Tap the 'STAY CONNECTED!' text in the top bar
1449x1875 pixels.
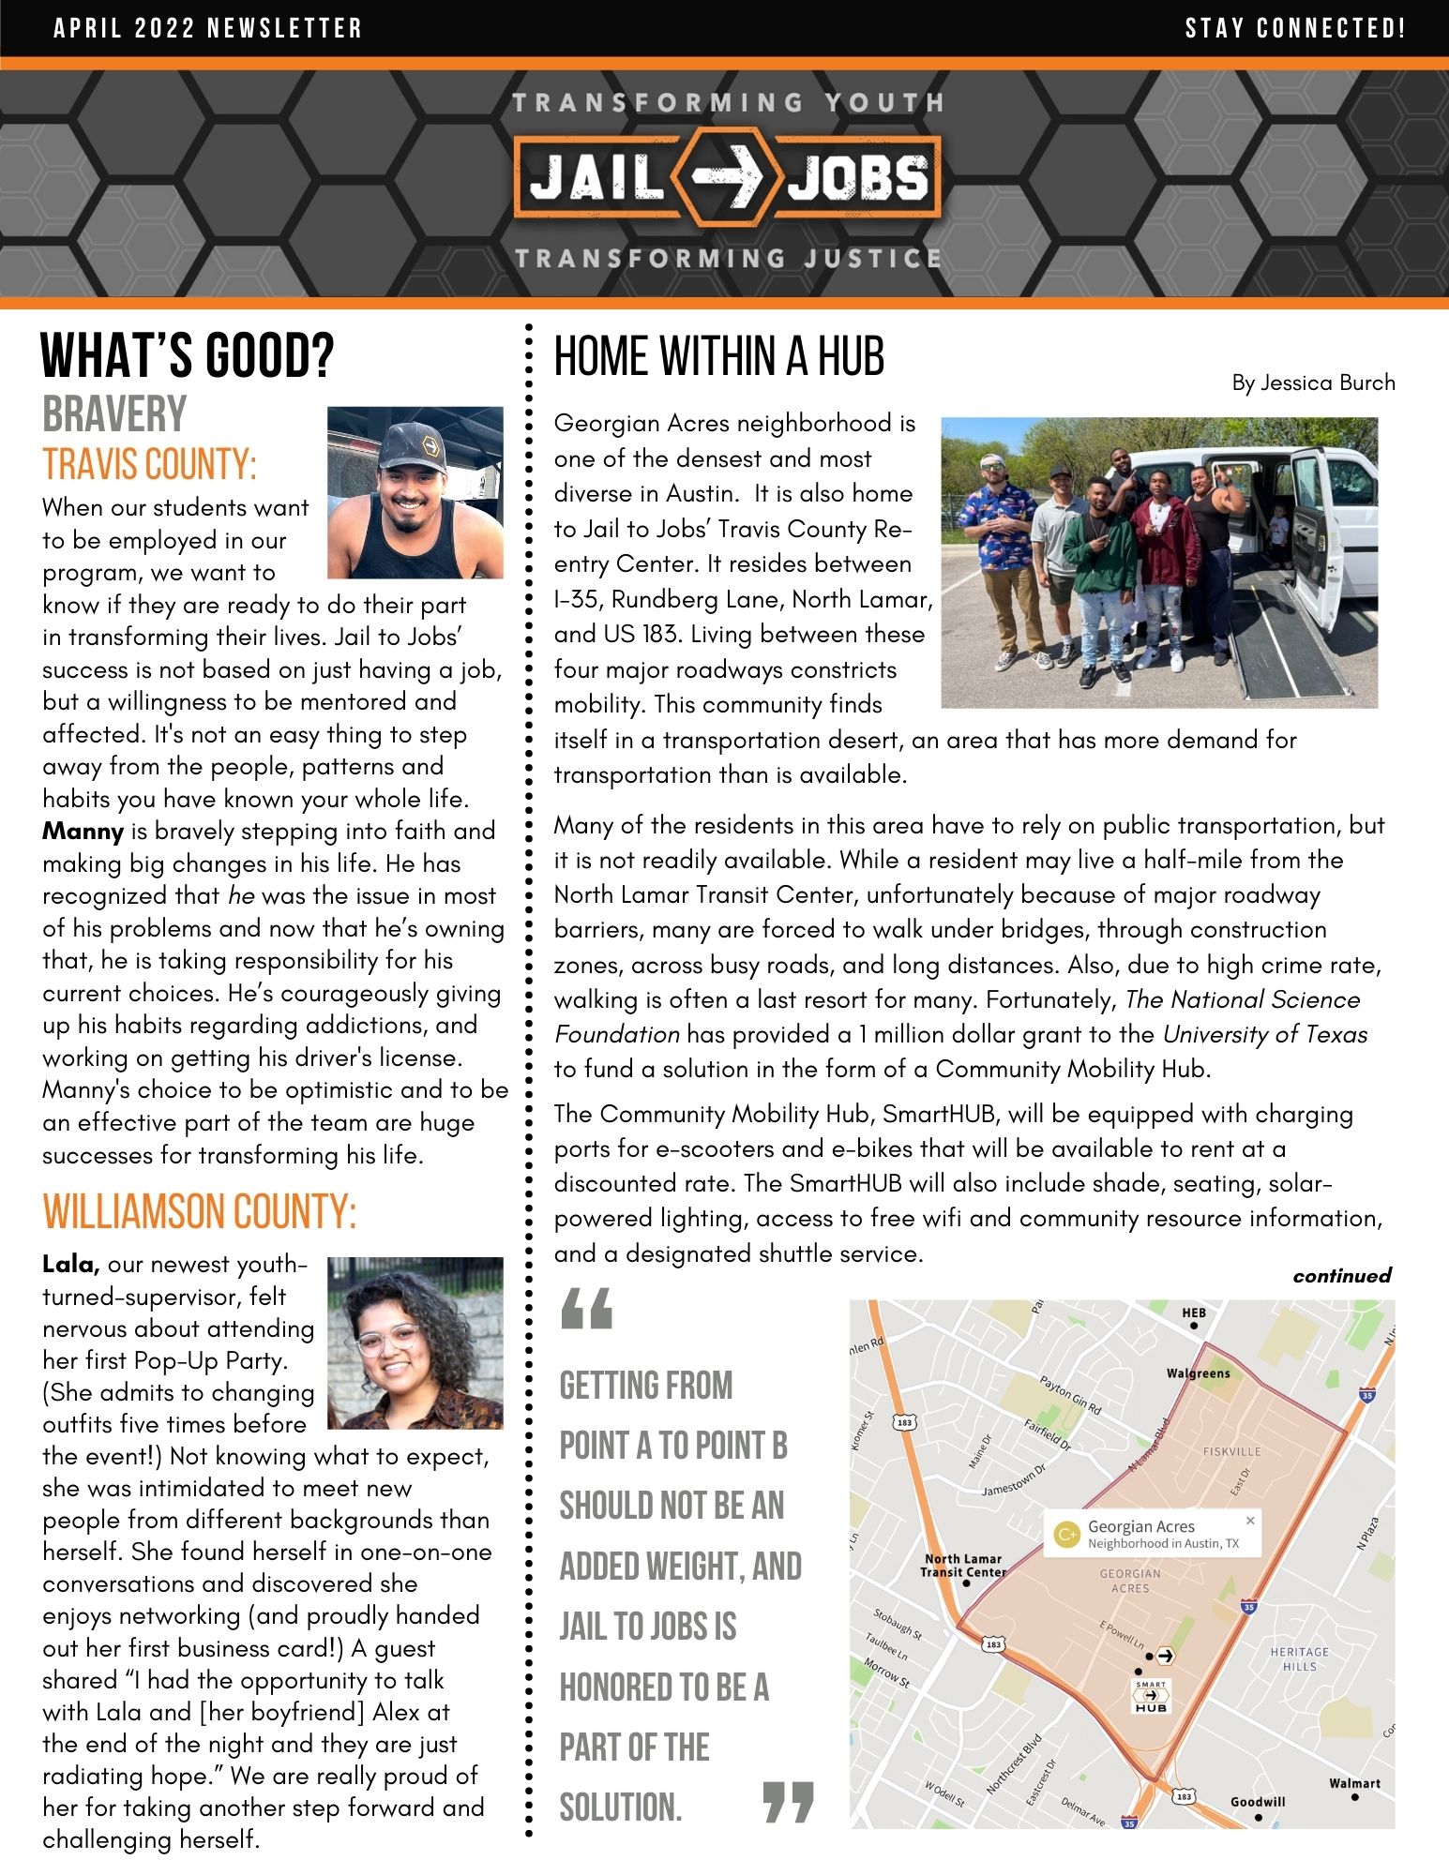pyautogui.click(x=1295, y=28)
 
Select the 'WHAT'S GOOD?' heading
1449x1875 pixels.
pyautogui.click(x=188, y=356)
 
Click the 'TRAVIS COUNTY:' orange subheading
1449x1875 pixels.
pyautogui.click(x=150, y=465)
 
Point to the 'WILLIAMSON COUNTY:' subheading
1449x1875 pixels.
pyautogui.click(x=200, y=1211)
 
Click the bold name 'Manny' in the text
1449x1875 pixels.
pyautogui.click(x=83, y=832)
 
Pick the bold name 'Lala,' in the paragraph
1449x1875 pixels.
pyautogui.click(x=71, y=1265)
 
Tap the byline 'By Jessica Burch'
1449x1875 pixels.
pyautogui.click(x=1313, y=382)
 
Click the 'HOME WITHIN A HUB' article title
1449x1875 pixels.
pyautogui.click(x=719, y=357)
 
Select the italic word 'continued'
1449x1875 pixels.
pyautogui.click(x=1341, y=1275)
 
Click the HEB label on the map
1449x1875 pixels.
pyautogui.click(x=1194, y=1312)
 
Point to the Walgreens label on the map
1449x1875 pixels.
pyautogui.click(x=1198, y=1373)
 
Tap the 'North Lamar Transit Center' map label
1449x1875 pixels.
pyautogui.click(x=963, y=1565)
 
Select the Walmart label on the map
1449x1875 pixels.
pyautogui.click(x=1354, y=1783)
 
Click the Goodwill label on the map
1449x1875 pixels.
pyautogui.click(x=1258, y=1802)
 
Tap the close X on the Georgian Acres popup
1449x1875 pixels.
pyautogui.click(x=1249, y=1521)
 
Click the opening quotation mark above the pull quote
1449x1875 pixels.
pyautogui.click(x=587, y=1309)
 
